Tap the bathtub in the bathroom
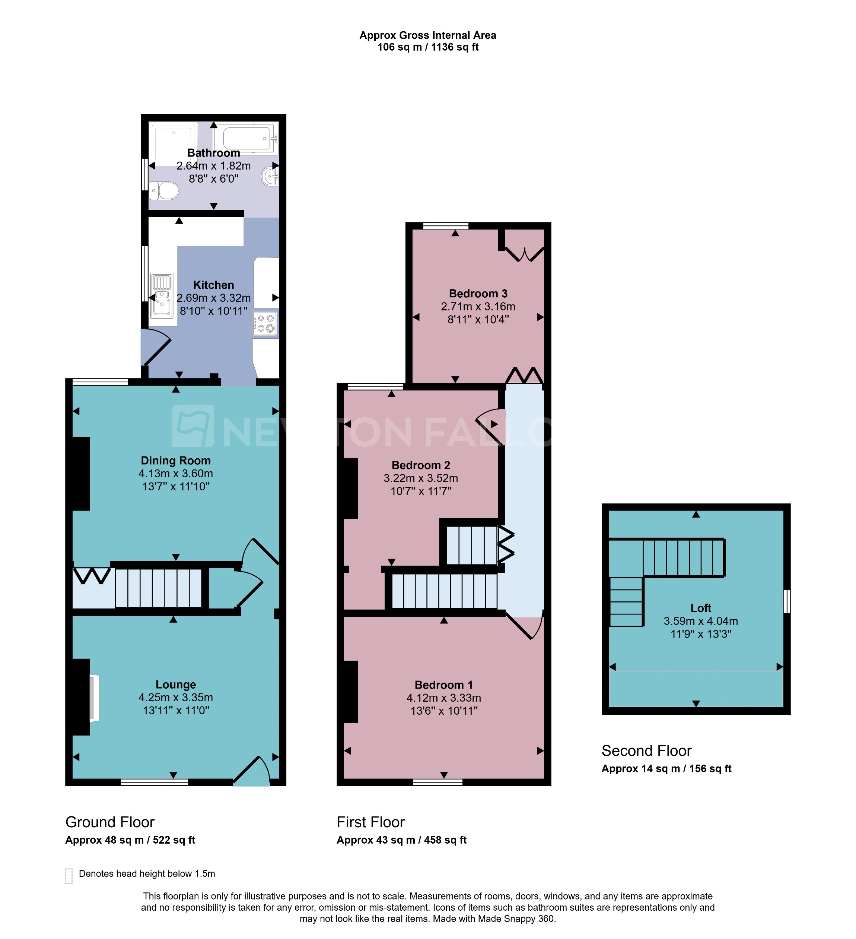pos(246,138)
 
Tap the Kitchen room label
pos(214,285)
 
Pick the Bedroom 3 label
pos(478,294)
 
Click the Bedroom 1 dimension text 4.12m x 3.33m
pos(443,698)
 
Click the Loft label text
pos(700,608)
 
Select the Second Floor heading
pos(646,750)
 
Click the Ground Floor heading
pos(110,822)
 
